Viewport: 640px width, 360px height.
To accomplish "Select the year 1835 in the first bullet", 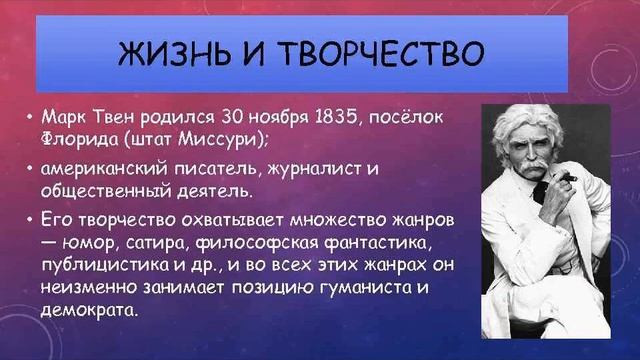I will coord(314,112).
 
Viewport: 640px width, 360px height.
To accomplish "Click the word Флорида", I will coord(77,132).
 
